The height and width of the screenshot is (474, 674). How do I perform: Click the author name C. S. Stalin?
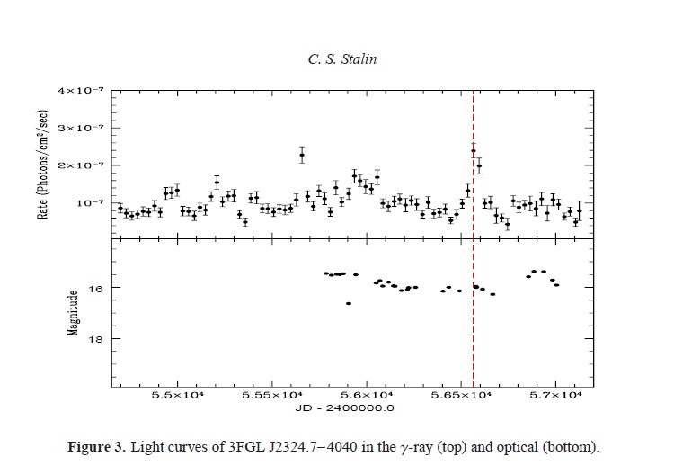[337, 59]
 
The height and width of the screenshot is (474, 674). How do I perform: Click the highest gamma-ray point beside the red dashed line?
[474, 151]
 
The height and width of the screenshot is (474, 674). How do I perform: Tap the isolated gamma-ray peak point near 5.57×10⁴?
[302, 155]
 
